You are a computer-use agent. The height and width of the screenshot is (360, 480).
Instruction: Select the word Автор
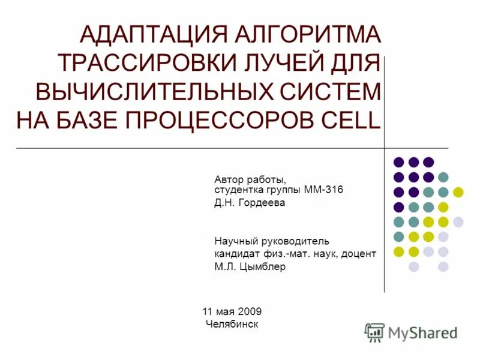coord(229,179)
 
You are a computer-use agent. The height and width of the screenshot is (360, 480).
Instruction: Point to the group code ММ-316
coord(324,190)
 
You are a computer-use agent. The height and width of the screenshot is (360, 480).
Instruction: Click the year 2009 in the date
coord(250,311)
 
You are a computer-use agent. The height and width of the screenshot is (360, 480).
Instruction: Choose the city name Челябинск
coord(232,324)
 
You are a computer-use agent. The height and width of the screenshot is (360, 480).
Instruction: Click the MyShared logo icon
coord(374,332)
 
